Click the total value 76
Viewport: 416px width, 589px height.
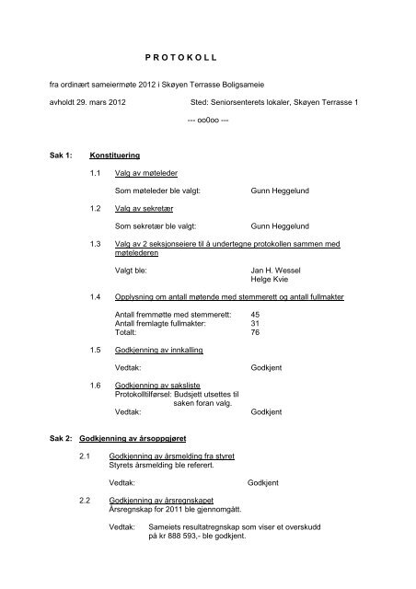[255, 337]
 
